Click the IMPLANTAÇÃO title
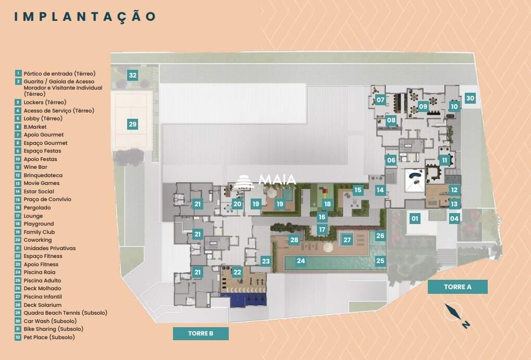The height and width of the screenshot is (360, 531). [x=85, y=16]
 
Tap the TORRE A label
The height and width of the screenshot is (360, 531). [x=458, y=287]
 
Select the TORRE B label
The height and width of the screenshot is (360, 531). [x=201, y=333]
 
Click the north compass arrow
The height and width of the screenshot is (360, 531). [x=453, y=314]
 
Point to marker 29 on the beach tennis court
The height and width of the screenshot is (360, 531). [x=132, y=124]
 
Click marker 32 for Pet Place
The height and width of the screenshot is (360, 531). [x=132, y=75]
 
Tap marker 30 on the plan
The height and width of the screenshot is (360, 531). [x=470, y=98]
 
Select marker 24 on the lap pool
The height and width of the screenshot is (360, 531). [x=301, y=260]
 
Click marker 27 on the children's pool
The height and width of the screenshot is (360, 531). [x=347, y=240]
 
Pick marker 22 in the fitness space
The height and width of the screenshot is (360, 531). [x=237, y=272]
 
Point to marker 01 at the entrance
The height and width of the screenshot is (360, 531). [x=415, y=219]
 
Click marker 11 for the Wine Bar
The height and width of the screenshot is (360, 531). [x=444, y=160]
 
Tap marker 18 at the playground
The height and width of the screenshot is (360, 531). [x=327, y=204]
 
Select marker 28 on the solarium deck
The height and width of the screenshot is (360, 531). [x=294, y=240]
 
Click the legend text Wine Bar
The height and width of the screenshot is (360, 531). [x=35, y=167]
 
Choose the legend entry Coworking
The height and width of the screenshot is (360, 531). [x=38, y=240]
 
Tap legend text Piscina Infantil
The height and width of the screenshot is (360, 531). [x=42, y=296]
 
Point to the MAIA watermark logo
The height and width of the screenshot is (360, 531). [x=266, y=180]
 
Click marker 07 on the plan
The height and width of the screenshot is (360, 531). [x=380, y=100]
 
